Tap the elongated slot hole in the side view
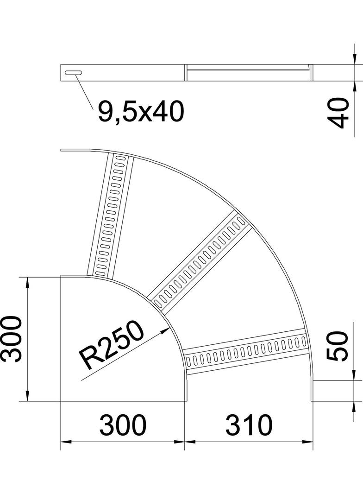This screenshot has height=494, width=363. pyautogui.click(x=74, y=73)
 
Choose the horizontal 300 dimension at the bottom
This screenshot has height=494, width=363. pyautogui.click(x=123, y=424)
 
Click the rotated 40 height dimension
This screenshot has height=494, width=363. pyautogui.click(x=341, y=113)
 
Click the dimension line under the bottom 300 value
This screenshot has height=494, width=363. pyautogui.click(x=123, y=442)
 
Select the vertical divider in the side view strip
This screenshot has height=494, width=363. pyautogui.click(x=186, y=73)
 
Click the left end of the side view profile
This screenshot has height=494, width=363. pyautogui.click(x=62, y=73)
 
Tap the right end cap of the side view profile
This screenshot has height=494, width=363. pyautogui.click(x=311, y=73)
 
